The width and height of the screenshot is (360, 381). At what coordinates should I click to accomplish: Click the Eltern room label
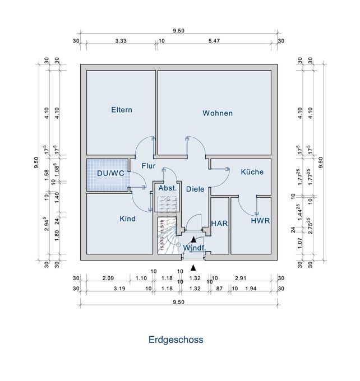122,110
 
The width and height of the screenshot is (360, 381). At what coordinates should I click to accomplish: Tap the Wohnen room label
218,113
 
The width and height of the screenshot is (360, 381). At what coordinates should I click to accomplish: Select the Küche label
252,173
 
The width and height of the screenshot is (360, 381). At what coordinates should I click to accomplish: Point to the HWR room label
260,221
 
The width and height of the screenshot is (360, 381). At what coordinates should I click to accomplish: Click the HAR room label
219,224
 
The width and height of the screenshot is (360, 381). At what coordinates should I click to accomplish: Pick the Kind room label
128,219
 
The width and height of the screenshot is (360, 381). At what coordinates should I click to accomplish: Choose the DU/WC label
110,173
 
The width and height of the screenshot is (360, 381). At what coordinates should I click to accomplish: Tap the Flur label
148,166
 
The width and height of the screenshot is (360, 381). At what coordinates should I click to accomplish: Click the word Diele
195,189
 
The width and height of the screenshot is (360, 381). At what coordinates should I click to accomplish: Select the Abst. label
167,189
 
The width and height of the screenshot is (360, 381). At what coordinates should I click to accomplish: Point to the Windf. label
195,247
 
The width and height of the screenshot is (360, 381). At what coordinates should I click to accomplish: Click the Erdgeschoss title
176,340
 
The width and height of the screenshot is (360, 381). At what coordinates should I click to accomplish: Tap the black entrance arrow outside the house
193,267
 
